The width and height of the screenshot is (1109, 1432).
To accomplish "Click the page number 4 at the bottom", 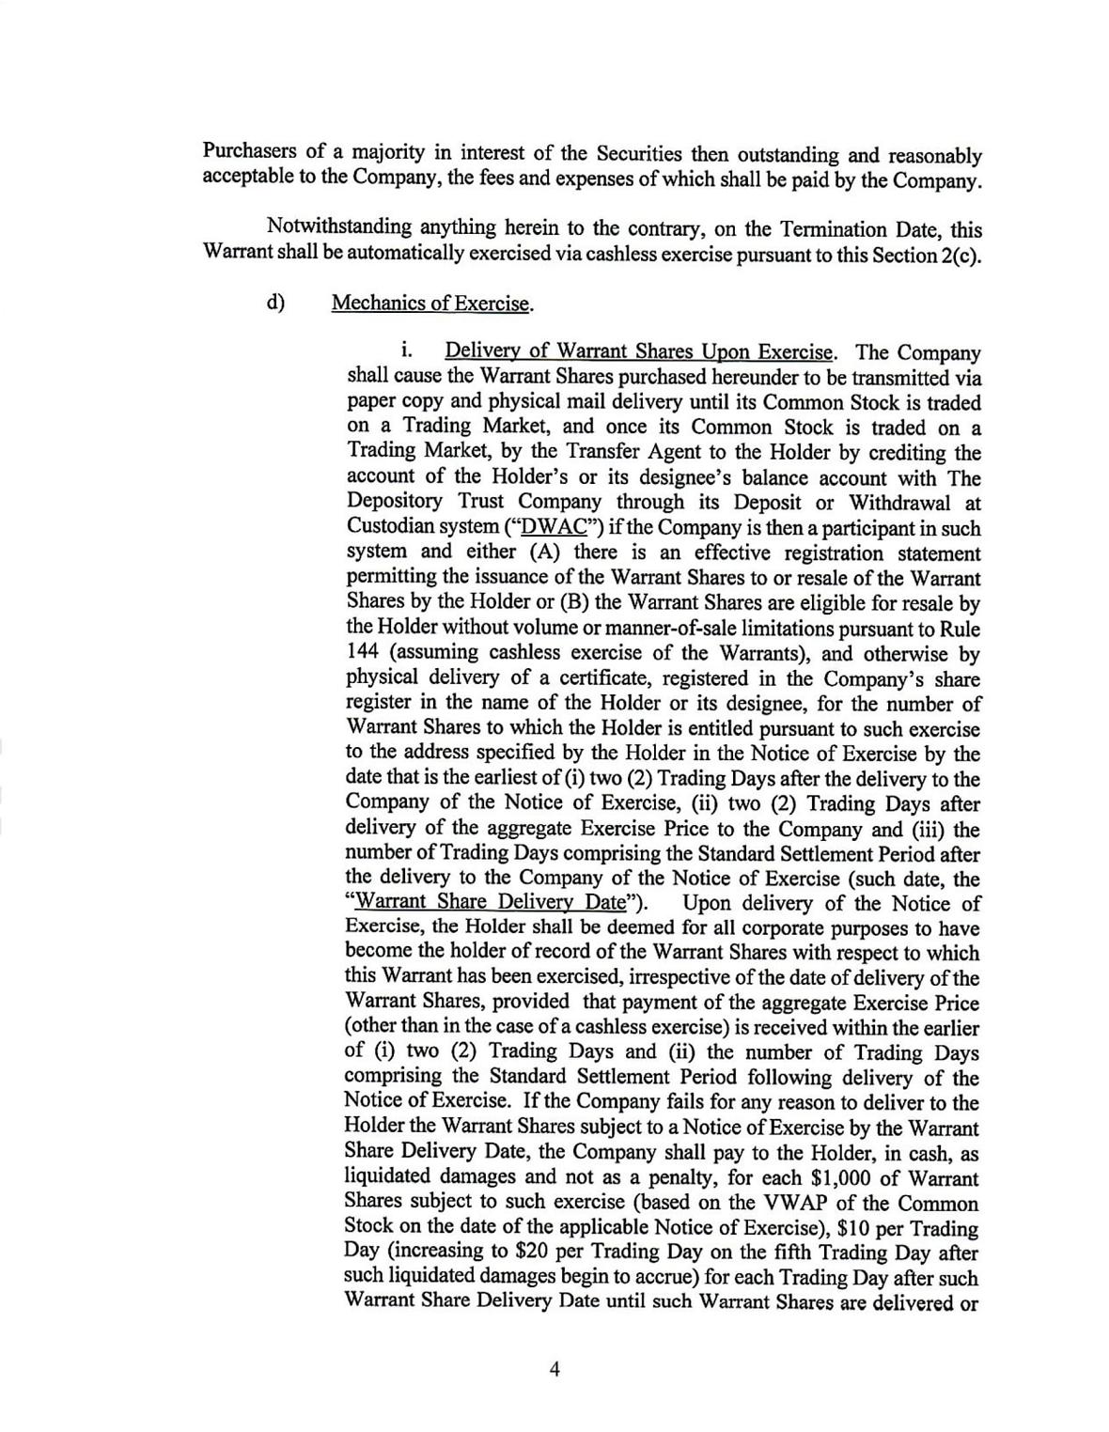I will click(554, 1370).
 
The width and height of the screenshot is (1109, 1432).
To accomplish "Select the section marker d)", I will click(275, 303).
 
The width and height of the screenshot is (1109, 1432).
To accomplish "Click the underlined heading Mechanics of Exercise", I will click(432, 304).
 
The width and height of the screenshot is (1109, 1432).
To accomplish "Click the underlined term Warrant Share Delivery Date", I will click(492, 903).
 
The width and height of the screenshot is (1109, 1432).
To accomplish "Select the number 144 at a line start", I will click(363, 653).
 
